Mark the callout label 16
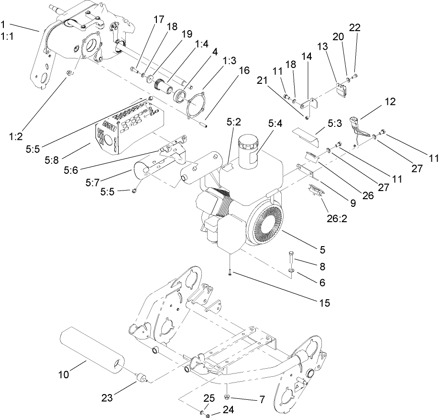tap(243, 70)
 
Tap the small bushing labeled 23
tap(141, 379)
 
